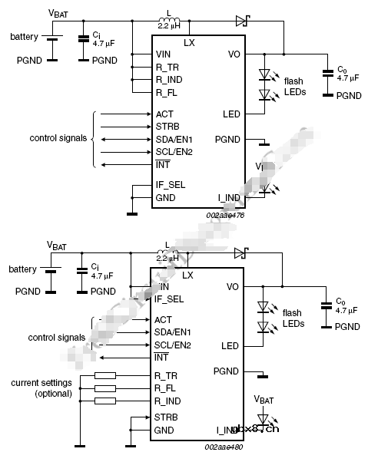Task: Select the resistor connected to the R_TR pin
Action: pyautogui.click(x=104, y=376)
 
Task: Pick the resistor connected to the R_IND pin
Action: pyautogui.click(x=104, y=401)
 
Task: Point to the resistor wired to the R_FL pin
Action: pyautogui.click(x=104, y=388)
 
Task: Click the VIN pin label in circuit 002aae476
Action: pyautogui.click(x=163, y=54)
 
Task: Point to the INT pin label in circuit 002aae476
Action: pyautogui.click(x=162, y=165)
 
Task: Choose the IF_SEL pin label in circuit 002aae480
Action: pyautogui.click(x=169, y=299)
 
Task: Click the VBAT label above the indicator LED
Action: pyautogui.click(x=264, y=399)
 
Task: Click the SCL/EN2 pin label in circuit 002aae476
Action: pyautogui.click(x=173, y=152)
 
